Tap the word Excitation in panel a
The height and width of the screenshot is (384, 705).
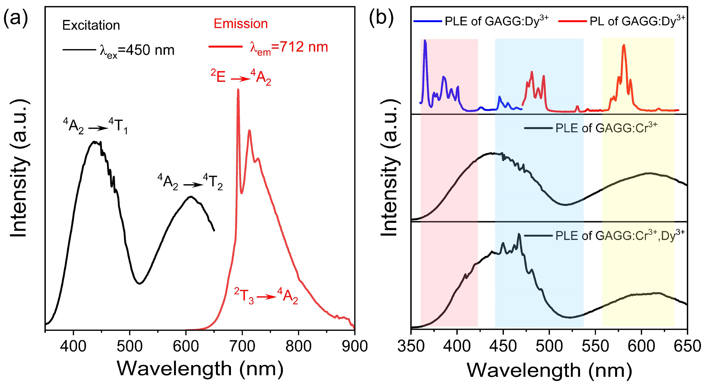91,25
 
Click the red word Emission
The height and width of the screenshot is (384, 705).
241,24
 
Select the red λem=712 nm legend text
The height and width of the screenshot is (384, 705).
289,48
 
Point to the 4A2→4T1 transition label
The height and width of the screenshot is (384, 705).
95,126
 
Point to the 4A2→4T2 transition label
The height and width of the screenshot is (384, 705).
190,182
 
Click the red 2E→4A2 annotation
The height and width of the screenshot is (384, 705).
241,78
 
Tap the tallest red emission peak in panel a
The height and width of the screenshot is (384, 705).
238,90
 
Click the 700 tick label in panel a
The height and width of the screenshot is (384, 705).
242,347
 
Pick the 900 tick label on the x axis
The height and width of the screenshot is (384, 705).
354,347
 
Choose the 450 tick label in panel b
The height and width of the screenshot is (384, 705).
503,347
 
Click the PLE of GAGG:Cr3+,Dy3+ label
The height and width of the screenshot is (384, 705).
619,235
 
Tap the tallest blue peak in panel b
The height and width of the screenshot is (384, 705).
425,41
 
